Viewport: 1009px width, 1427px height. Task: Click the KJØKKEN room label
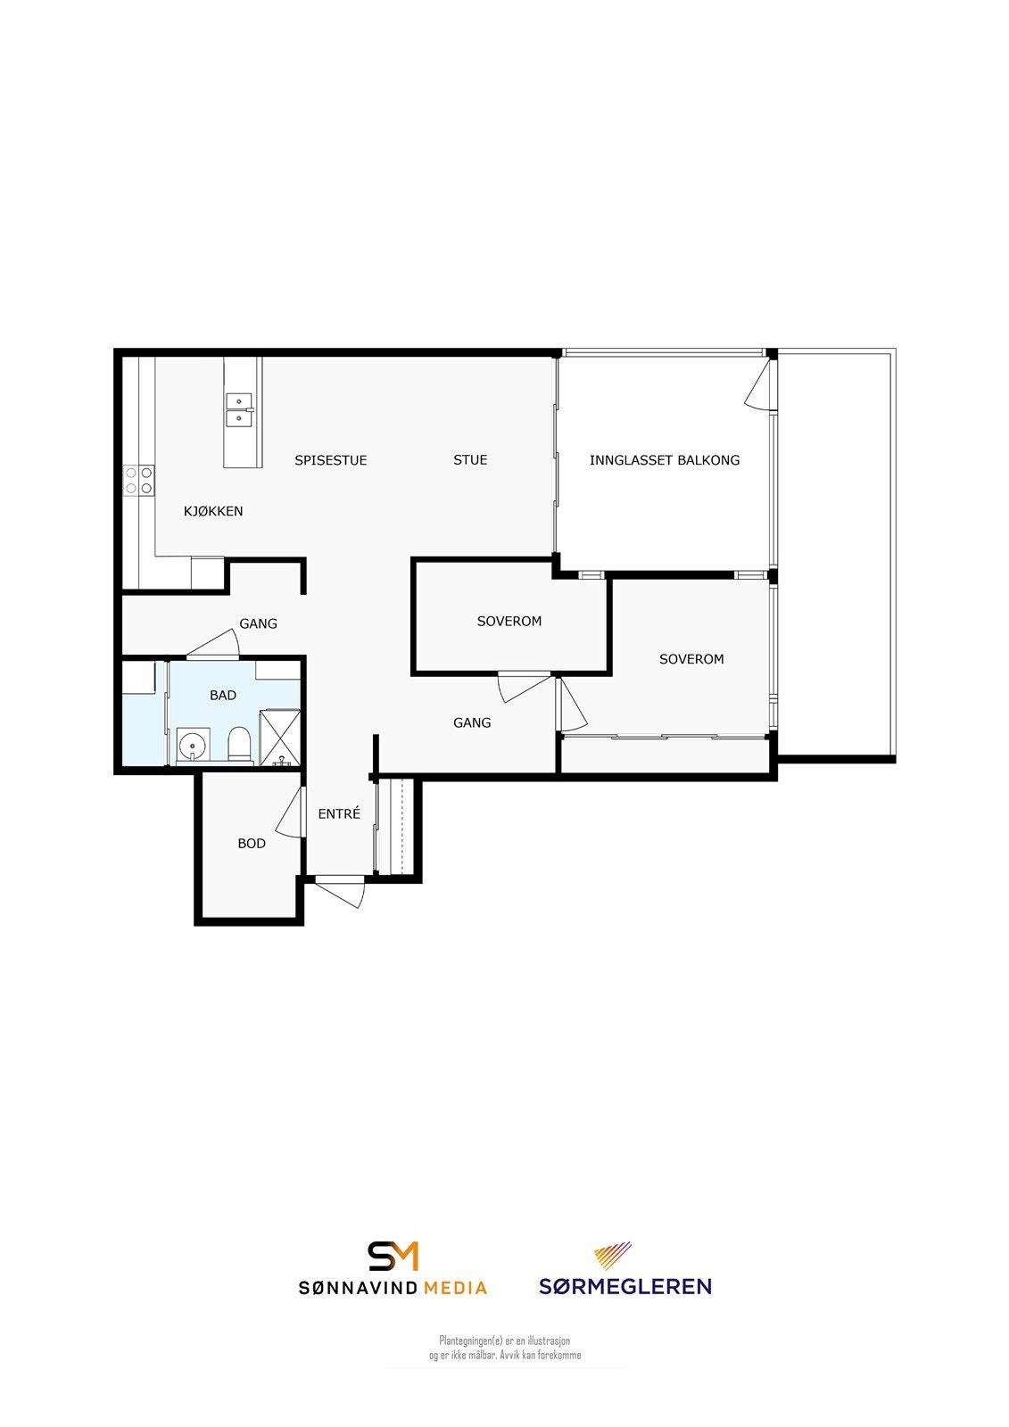tap(213, 511)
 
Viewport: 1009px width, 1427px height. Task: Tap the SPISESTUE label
tap(330, 460)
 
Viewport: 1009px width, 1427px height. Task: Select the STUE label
tap(470, 460)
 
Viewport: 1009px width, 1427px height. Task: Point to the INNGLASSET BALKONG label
tap(664, 460)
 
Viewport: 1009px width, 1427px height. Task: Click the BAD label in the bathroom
tap(223, 695)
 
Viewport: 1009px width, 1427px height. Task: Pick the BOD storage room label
tap(251, 844)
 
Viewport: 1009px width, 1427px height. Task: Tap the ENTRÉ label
tap(339, 812)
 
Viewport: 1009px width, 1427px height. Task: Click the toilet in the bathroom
tap(240, 744)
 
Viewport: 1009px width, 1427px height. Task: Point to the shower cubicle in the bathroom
tap(279, 738)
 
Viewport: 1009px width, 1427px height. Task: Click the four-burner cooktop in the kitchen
tap(139, 481)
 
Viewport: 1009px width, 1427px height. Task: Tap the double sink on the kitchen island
tap(240, 409)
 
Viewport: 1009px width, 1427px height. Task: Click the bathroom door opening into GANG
tap(213, 643)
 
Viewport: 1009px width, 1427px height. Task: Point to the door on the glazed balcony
tap(758, 384)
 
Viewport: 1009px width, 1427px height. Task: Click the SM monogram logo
tap(393, 1256)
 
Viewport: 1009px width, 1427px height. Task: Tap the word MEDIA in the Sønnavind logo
tap(455, 1288)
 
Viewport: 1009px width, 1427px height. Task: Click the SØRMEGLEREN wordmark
tap(625, 1286)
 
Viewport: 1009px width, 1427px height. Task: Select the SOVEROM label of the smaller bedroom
tap(509, 621)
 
